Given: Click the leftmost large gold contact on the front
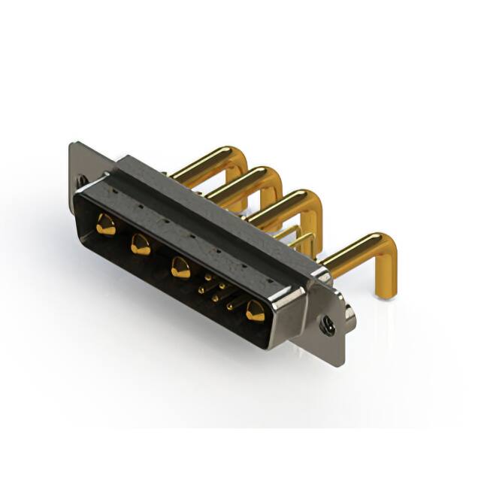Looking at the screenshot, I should tap(106, 224).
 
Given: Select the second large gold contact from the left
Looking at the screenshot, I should tap(141, 244).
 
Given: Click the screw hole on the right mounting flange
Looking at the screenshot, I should tap(328, 324).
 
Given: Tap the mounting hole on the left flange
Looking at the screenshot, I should tap(80, 181).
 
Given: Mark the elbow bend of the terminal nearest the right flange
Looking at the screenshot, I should tap(379, 248).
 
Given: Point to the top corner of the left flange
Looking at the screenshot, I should tap(72, 145).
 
